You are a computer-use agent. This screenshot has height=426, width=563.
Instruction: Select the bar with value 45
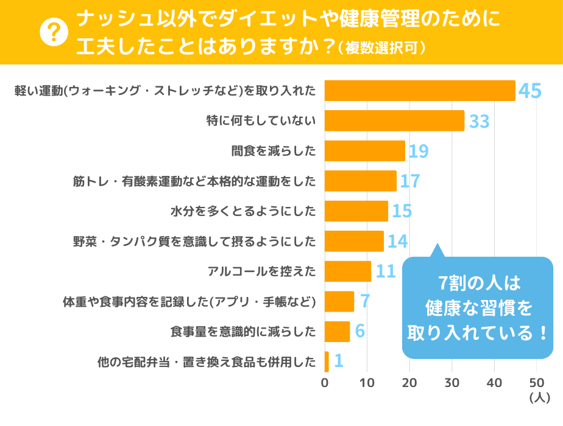pyautogui.click(x=420, y=91)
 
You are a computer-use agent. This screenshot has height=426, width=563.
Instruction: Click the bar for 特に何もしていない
pyautogui.click(x=394, y=121)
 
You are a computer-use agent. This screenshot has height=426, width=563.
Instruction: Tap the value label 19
pyautogui.click(x=418, y=152)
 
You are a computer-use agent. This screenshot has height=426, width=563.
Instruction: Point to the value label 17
pyautogui.click(x=409, y=181)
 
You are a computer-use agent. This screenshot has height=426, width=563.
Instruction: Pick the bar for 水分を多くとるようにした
pyautogui.click(x=356, y=211)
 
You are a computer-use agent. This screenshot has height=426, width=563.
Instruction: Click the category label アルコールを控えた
pyautogui.click(x=262, y=271)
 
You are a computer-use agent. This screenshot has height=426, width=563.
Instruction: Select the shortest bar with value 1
pyautogui.click(x=327, y=361)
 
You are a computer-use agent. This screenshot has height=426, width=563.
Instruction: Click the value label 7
pyautogui.click(x=365, y=301)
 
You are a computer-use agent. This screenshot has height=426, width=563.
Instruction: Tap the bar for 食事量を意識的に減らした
pyautogui.click(x=337, y=332)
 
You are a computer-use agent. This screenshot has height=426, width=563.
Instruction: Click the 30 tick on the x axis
pyautogui.click(x=451, y=383)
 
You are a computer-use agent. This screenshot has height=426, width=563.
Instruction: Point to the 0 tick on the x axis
pyautogui.click(x=325, y=383)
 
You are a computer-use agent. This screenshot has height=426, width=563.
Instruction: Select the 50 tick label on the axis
pyautogui.click(x=536, y=383)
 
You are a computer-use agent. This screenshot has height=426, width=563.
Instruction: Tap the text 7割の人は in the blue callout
pyautogui.click(x=477, y=284)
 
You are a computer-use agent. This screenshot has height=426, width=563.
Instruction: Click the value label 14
pyautogui.click(x=397, y=242)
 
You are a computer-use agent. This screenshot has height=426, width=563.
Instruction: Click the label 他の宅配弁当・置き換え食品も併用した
pyautogui.click(x=207, y=362)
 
